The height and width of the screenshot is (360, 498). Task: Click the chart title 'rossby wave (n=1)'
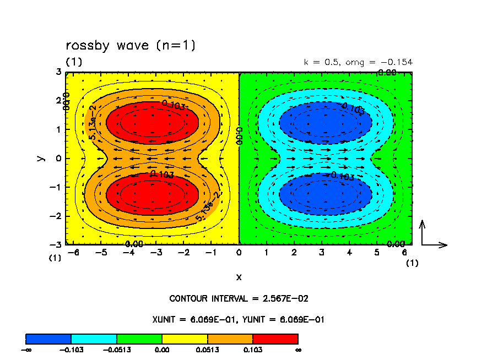(131, 45)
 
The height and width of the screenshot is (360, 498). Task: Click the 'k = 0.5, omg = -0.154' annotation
(358, 62)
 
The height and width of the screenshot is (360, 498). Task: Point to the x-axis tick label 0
(239, 253)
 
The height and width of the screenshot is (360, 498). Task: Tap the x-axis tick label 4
(349, 253)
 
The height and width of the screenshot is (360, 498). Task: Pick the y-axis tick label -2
(57, 216)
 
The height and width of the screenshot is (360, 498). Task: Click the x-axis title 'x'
(239, 276)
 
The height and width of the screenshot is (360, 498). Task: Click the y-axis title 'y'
(40, 158)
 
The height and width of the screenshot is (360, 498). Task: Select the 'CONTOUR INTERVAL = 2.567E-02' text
(239, 299)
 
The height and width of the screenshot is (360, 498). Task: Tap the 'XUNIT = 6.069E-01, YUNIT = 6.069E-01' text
(239, 319)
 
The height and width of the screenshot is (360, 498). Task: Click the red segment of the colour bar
(275, 339)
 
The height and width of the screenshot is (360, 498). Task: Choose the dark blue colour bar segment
(48, 339)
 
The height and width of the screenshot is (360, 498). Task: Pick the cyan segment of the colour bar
(94, 339)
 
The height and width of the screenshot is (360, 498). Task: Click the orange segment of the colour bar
(230, 339)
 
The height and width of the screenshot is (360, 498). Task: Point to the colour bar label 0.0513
(207, 349)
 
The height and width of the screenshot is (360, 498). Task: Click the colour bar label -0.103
(71, 349)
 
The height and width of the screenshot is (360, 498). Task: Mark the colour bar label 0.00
(162, 349)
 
